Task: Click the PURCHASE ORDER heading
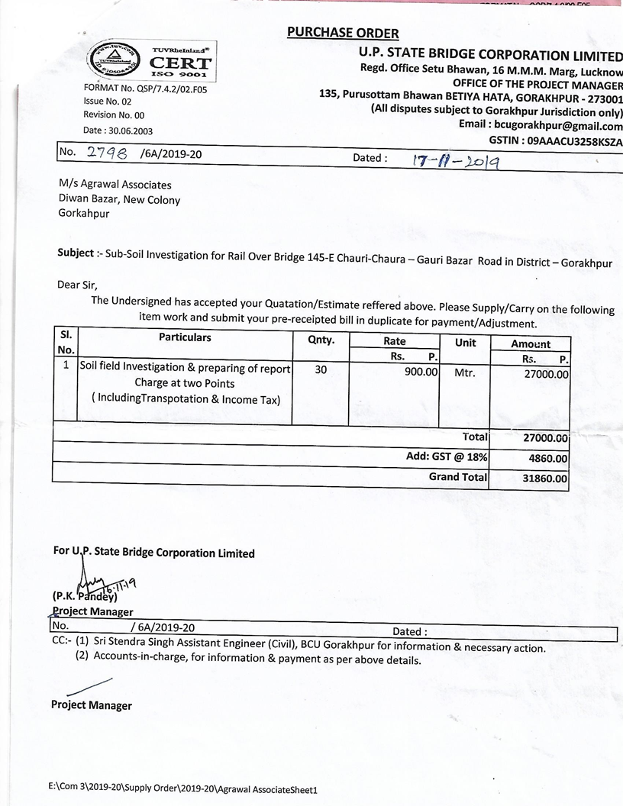tap(343, 33)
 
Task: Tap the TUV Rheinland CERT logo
tap(152, 61)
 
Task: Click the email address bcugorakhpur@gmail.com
tap(558, 126)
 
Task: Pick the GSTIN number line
tap(555, 141)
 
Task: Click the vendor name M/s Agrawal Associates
tap(115, 185)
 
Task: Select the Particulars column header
tap(185, 337)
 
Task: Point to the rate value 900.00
tap(421, 372)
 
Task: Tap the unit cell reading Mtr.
tap(464, 374)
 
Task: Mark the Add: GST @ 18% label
tap(447, 457)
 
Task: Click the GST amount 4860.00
tap(547, 459)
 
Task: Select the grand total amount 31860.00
tap(545, 479)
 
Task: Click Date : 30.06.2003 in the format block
tap(118, 131)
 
